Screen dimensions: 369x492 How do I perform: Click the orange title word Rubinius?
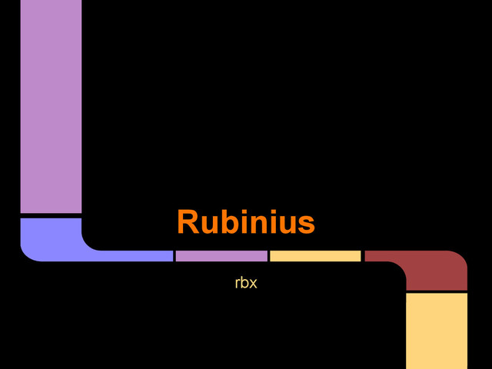click(x=245, y=222)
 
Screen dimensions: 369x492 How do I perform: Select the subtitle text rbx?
click(x=245, y=283)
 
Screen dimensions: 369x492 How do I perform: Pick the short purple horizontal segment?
click(x=221, y=256)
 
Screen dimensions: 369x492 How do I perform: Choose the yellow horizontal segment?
click(x=315, y=256)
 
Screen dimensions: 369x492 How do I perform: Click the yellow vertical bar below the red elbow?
click(x=437, y=331)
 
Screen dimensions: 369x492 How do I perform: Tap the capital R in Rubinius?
click(x=189, y=222)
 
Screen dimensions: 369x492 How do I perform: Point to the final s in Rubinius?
click(x=307, y=224)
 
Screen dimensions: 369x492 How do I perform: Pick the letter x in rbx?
click(x=252, y=284)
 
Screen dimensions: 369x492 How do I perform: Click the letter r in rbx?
click(x=238, y=284)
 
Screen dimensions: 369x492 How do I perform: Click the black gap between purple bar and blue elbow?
click(x=51, y=215)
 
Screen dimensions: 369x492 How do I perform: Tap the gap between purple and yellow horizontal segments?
click(x=268, y=256)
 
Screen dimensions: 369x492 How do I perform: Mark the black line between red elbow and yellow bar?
click(x=437, y=292)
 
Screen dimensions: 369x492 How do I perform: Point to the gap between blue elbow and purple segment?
click(x=175, y=256)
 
